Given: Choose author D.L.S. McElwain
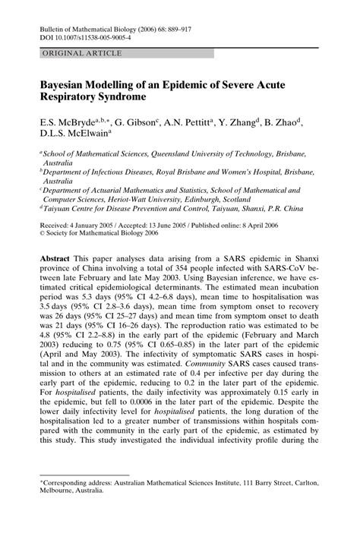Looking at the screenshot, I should (74, 136).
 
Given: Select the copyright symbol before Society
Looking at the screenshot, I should (43, 235).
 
